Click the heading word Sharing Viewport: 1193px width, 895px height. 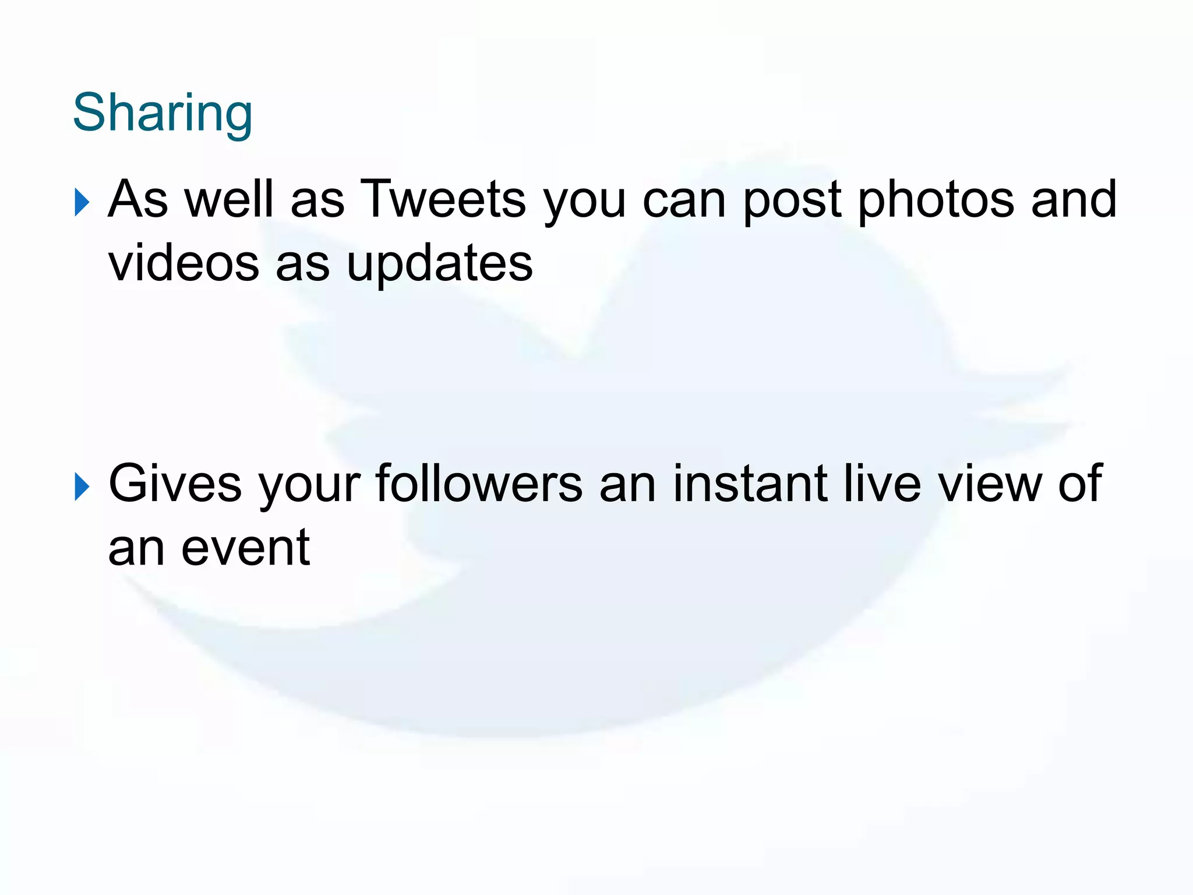[163, 114]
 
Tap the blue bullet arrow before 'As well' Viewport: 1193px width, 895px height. [82, 203]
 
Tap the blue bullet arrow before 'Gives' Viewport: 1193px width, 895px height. [82, 487]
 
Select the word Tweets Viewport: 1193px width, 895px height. [443, 199]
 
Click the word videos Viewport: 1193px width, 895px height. [183, 263]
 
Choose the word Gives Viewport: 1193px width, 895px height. [175, 484]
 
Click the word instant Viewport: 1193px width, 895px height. [750, 484]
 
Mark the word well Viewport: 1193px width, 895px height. [229, 199]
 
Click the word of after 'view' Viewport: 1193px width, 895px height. [1079, 484]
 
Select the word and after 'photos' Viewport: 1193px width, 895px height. [1074, 199]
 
